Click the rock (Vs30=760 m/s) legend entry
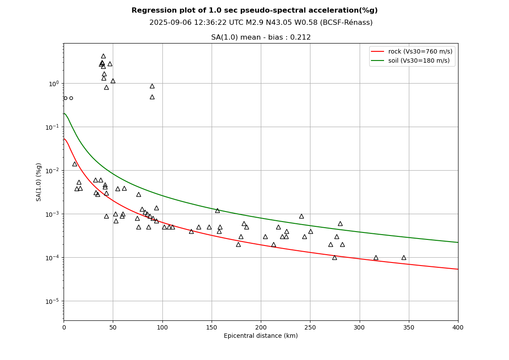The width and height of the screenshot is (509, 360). pos(420,51)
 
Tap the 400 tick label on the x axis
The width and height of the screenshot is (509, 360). pos(458,327)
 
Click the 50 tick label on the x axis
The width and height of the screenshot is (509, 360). pos(113,327)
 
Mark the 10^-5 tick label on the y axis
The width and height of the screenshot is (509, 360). pos(53,301)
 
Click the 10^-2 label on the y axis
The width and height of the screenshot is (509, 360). pos(53,171)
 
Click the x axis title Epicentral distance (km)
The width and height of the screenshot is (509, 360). pos(261,336)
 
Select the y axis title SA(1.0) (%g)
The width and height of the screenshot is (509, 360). pos(39,182)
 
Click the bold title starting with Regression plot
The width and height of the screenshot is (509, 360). pos(254,10)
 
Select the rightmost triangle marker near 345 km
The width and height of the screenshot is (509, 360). pos(404,258)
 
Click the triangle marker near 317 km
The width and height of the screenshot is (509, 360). pos(376,258)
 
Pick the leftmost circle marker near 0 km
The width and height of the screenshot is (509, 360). pos(65,98)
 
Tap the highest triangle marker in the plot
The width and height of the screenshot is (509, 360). pos(103,56)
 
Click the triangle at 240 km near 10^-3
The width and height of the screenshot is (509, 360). pos(301,216)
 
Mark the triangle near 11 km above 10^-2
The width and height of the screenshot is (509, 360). pos(74,164)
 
